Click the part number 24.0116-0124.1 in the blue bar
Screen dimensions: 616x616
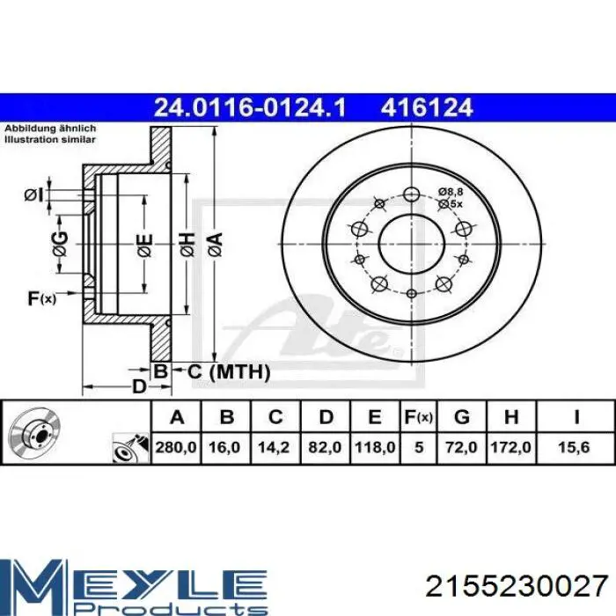point(250,107)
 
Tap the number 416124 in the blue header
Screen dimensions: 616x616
point(426,107)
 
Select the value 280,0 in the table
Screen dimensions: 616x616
point(176,447)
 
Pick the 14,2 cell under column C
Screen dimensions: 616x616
point(274,447)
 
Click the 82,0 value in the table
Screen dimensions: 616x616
point(325,447)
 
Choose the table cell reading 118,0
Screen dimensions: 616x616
point(375,447)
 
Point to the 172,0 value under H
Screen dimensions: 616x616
point(510,447)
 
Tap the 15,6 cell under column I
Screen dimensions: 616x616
point(574,447)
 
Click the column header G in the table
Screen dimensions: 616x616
point(462,417)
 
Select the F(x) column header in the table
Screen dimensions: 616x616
point(418,417)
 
